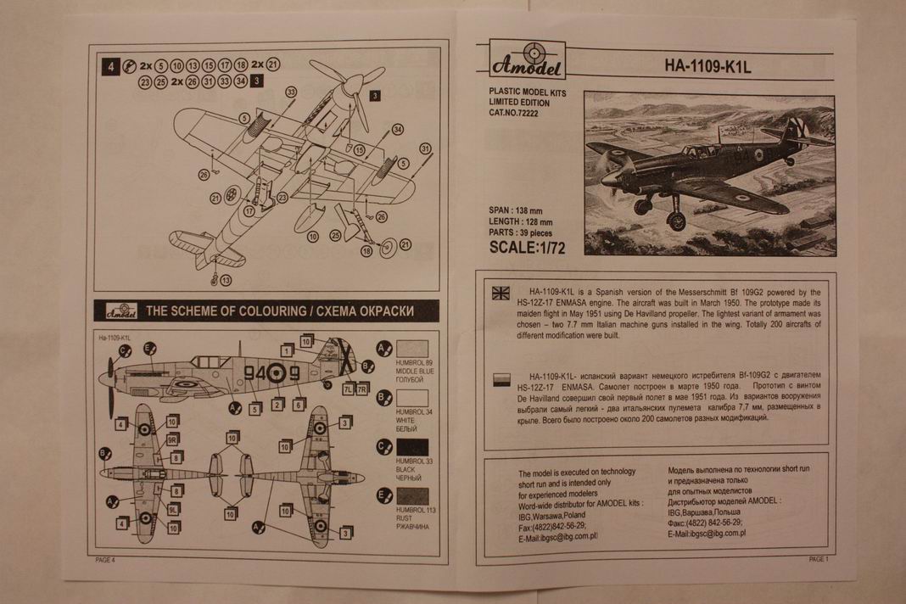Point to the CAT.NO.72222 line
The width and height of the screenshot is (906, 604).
[519, 113]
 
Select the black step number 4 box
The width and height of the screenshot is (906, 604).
[109, 65]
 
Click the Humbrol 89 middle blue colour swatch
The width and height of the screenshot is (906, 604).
[412, 349]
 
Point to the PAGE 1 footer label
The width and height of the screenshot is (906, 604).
[818, 559]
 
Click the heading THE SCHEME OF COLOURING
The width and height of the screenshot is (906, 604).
[225, 311]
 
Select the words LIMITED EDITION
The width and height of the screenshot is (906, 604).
[519, 102]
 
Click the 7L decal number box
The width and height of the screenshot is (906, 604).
[347, 389]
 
